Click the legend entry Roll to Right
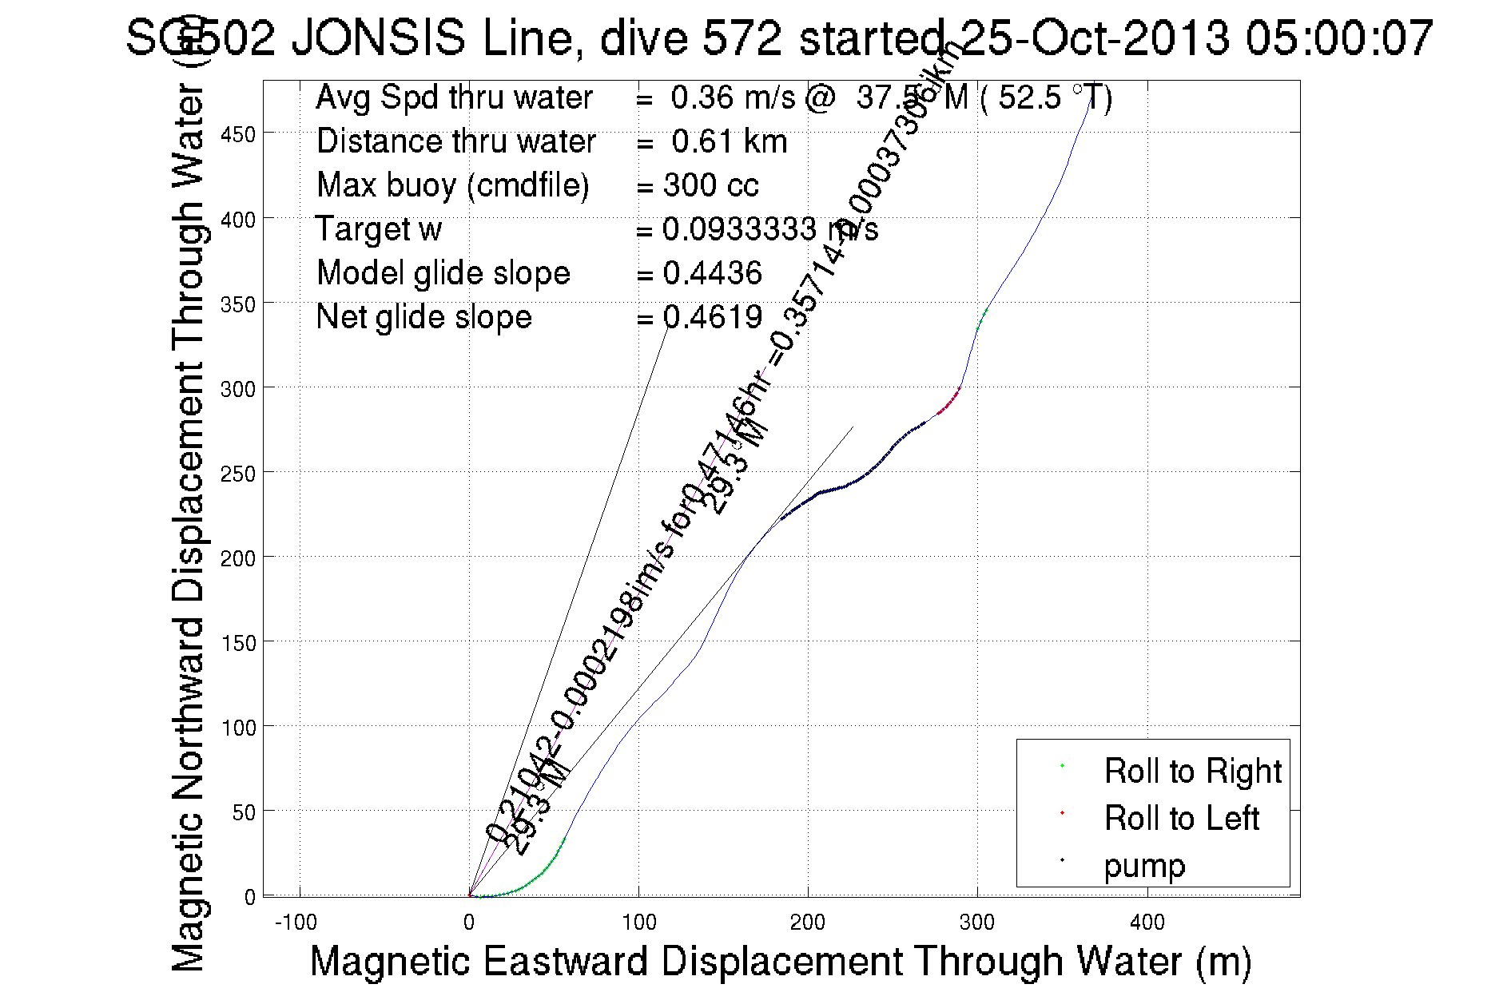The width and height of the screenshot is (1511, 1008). (1192, 772)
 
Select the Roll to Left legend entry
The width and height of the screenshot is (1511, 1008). (1181, 819)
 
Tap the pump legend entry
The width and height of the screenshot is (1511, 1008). (1144, 866)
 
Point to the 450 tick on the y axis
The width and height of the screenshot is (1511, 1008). (238, 134)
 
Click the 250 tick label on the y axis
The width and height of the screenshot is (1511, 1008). (238, 474)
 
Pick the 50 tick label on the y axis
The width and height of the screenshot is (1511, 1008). (244, 813)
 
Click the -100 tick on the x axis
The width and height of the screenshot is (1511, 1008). (296, 923)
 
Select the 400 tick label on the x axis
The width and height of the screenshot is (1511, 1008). (1147, 923)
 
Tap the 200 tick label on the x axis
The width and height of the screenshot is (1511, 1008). (808, 923)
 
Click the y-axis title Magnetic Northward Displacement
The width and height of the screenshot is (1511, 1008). (189, 527)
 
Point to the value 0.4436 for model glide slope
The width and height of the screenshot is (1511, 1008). (712, 274)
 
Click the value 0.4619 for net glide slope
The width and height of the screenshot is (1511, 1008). (712, 318)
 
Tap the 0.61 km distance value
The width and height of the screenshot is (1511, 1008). (729, 142)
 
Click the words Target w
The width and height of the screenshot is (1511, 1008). (379, 230)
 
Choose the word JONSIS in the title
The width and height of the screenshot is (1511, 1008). (378, 38)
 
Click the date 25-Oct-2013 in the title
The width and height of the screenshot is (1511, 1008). (1095, 38)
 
